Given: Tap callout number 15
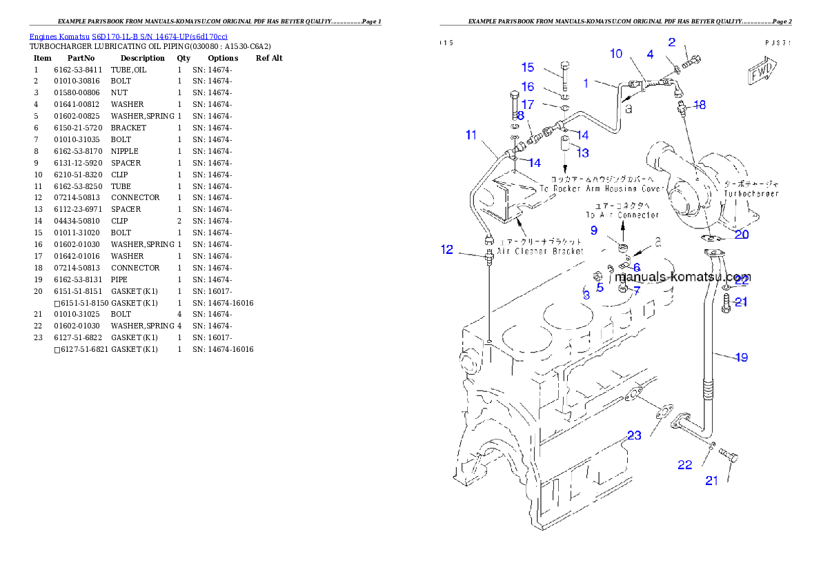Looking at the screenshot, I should click(x=528, y=67).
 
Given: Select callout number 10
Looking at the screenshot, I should click(x=616, y=54).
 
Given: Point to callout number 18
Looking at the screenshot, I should click(x=700, y=105).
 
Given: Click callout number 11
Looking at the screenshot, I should click(x=471, y=135).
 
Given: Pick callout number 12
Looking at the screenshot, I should click(x=448, y=250).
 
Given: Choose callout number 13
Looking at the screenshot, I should click(x=583, y=152).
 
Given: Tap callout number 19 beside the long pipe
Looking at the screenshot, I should click(x=741, y=357).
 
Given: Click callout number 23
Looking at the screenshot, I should click(x=634, y=435).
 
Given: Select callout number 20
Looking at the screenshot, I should click(x=741, y=234).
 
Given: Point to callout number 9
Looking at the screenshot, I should click(x=593, y=230).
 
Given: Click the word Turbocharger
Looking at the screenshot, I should click(x=751, y=194).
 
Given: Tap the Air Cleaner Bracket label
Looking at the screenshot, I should click(x=540, y=251).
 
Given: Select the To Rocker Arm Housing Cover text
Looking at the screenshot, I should click(x=601, y=188).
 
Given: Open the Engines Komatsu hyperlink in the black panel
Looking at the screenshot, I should click(x=128, y=36).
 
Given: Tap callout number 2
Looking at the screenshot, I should click(x=672, y=42).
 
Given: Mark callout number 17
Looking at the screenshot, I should click(x=528, y=105).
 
